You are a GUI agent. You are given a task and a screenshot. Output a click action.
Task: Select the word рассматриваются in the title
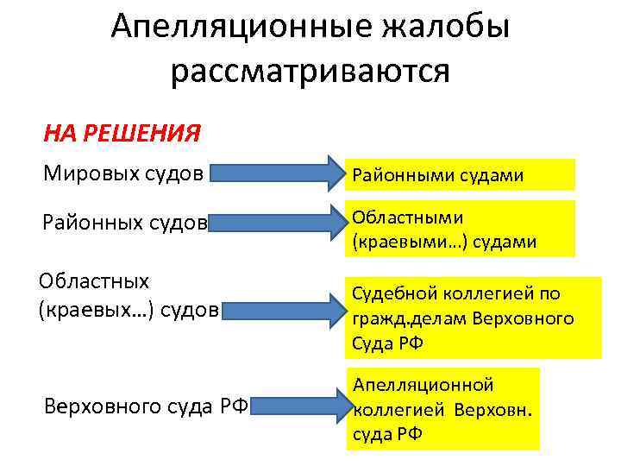pyautogui.click(x=310, y=71)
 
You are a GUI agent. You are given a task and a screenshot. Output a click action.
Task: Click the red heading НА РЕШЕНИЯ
pyautogui.click(x=122, y=134)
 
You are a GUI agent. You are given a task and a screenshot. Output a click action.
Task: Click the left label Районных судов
pyautogui.click(x=126, y=223)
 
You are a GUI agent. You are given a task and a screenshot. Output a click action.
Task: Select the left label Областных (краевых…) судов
pyautogui.click(x=129, y=295)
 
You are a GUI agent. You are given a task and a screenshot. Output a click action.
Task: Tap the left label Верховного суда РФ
pyautogui.click(x=146, y=406)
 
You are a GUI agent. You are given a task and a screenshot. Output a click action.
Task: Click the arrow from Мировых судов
pyautogui.click(x=276, y=173)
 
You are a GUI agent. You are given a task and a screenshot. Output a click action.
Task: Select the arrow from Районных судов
pyautogui.click(x=276, y=223)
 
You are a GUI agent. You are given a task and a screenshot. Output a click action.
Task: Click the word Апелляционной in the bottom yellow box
pyautogui.click(x=423, y=384)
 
